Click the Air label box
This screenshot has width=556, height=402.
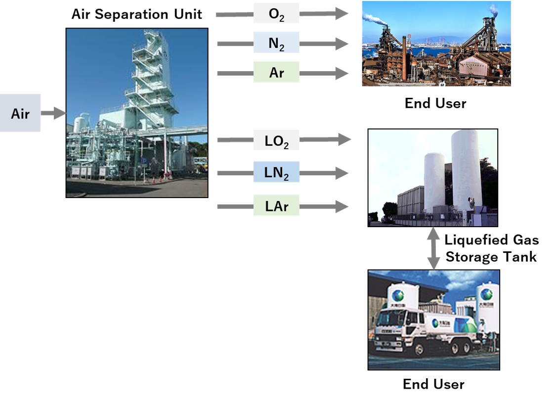pos(20,113)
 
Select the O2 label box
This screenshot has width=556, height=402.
pos(276,14)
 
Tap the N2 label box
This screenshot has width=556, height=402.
pos(276,43)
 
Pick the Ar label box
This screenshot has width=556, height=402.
pos(276,73)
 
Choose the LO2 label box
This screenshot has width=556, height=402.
pos(276,140)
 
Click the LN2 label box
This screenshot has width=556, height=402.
pos(276,173)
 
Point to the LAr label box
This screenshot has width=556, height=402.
pos(276,205)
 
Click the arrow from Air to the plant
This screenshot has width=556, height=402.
pos(53,113)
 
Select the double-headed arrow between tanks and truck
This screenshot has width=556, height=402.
pos(433,248)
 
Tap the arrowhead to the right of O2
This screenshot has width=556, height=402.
pos(342,14)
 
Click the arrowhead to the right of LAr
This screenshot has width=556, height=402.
pos(342,206)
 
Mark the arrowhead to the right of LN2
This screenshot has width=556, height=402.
pos(342,173)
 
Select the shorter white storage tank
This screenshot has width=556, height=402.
pos(434,180)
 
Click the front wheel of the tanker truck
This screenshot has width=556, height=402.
pos(418,349)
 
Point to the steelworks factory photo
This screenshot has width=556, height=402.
pos(436,43)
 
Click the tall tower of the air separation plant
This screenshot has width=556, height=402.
pos(151,79)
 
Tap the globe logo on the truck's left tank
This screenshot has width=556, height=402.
pos(398,296)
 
